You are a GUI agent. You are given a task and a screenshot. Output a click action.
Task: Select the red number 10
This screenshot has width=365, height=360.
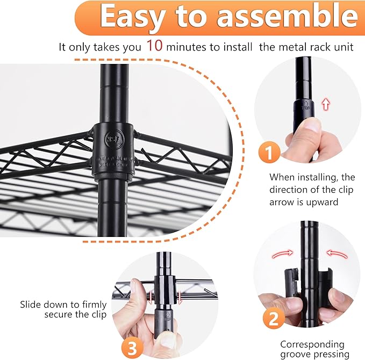pos(154,46)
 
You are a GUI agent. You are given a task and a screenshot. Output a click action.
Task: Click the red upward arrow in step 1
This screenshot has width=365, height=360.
pos(325,104)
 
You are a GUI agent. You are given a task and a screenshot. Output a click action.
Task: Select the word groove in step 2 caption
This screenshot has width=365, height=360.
pos(296,355)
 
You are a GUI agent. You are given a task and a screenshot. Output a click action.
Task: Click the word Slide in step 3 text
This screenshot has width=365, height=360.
pos(31,304)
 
